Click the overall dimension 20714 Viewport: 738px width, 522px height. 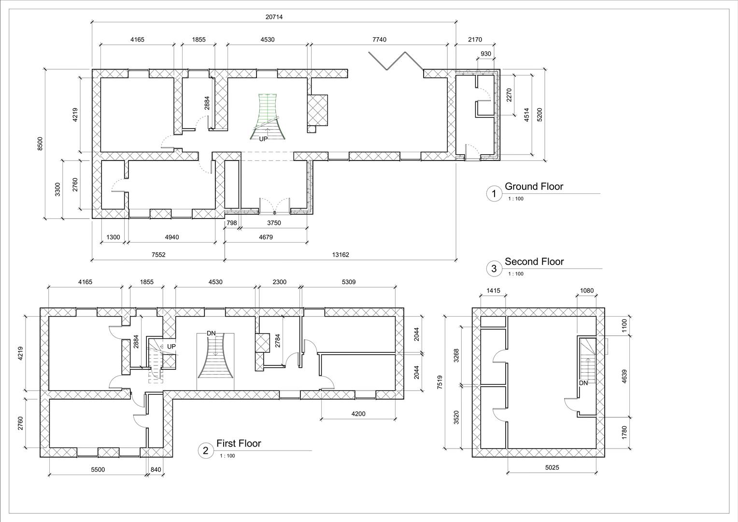click(x=274, y=17)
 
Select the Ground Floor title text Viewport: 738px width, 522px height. click(x=534, y=187)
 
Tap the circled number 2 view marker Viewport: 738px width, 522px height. click(x=206, y=450)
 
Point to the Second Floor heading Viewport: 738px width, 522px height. click(x=534, y=261)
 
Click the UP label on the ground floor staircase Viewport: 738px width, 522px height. click(x=263, y=139)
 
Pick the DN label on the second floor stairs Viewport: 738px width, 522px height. click(x=583, y=383)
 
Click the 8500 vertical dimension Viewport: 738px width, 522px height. click(x=41, y=144)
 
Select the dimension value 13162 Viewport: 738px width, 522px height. click(x=340, y=255)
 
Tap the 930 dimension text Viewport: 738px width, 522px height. click(x=486, y=54)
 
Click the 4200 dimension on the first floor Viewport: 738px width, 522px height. click(x=358, y=414)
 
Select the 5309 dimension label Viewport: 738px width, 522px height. click(x=348, y=282)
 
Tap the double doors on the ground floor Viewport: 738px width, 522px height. click(x=274, y=205)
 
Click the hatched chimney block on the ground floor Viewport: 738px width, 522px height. click(x=317, y=109)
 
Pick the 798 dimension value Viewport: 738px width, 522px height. click(x=232, y=223)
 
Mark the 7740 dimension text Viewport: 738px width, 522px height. click(x=379, y=40)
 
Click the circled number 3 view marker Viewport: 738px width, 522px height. click(x=494, y=269)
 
